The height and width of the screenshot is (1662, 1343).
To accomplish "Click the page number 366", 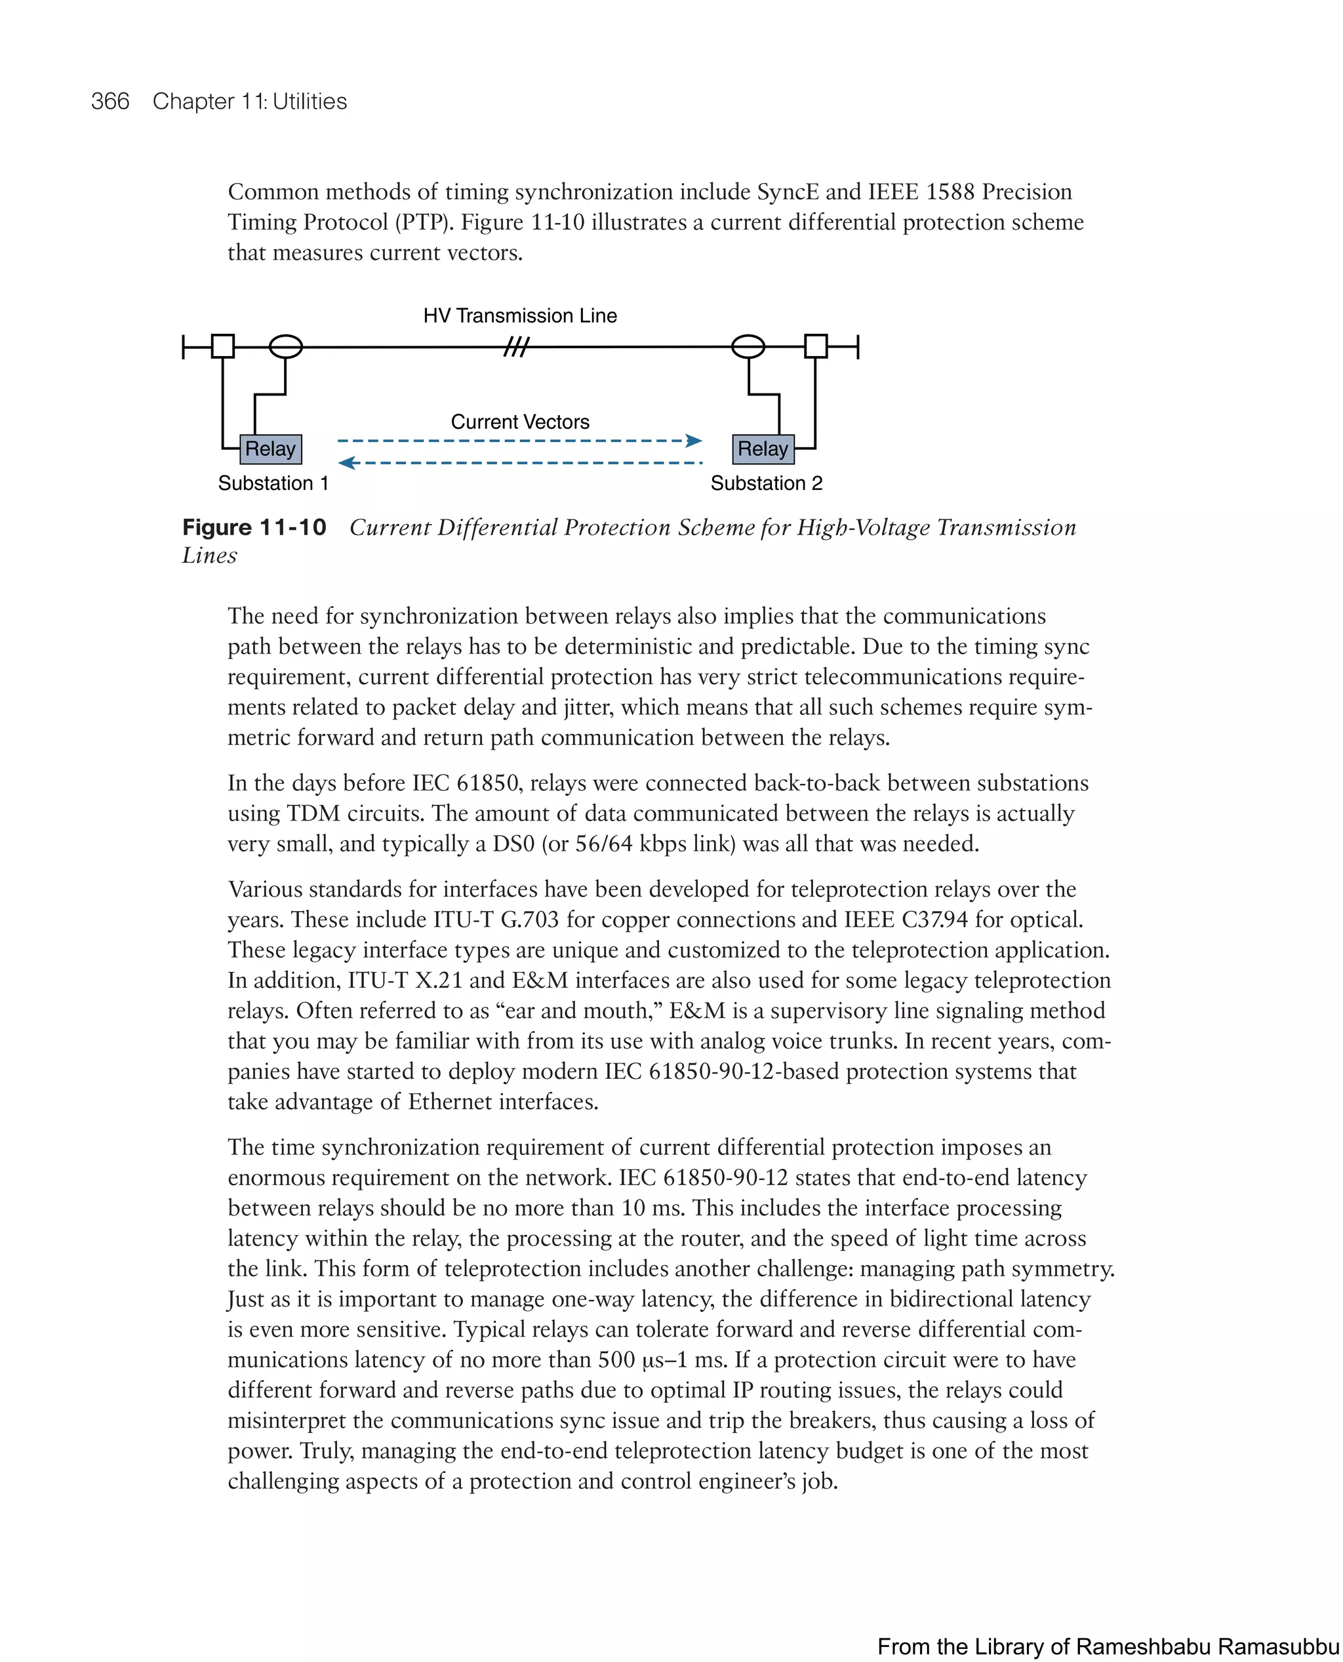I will coord(110,102).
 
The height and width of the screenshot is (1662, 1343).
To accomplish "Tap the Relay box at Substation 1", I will coord(270,449).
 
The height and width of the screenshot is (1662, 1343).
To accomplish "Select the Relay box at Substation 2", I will coord(763,449).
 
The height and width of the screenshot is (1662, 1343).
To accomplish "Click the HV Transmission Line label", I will coord(520,315).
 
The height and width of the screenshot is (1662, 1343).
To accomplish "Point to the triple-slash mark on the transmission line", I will coord(517,348).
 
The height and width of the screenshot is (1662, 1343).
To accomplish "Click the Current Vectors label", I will coord(520,422).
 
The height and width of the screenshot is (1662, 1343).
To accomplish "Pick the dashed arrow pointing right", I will coord(520,441).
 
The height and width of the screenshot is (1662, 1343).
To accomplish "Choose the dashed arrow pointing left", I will coord(520,462).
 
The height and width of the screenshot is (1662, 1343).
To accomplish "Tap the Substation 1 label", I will coord(273,483).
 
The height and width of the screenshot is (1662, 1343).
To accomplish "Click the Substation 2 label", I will coord(766,483).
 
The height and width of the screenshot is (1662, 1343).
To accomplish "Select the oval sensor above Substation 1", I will coord(285,347).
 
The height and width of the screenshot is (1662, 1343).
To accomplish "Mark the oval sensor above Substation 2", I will coord(748,347).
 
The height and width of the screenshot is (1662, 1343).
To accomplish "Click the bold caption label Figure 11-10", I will coord(254,528).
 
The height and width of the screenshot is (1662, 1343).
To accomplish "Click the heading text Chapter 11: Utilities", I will coord(249,102).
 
